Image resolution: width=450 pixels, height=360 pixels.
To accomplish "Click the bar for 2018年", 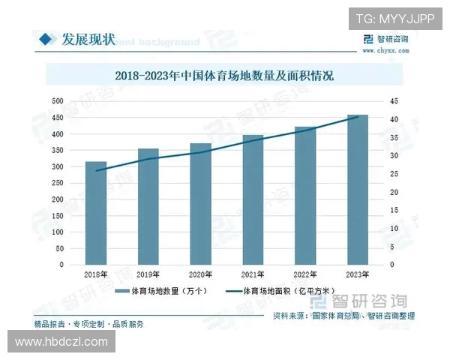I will pyautogui.click(x=96, y=213).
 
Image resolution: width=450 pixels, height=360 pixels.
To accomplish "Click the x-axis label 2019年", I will pyautogui.click(x=148, y=275).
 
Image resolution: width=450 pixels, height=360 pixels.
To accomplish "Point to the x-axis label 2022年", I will pyautogui.click(x=305, y=275).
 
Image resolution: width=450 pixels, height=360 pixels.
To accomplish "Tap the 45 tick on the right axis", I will pyautogui.click(x=394, y=101).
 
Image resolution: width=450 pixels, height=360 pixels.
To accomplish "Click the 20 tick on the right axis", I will pyautogui.click(x=394, y=192).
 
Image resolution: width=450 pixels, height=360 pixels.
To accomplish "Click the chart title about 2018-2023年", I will pyautogui.click(x=224, y=76).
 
